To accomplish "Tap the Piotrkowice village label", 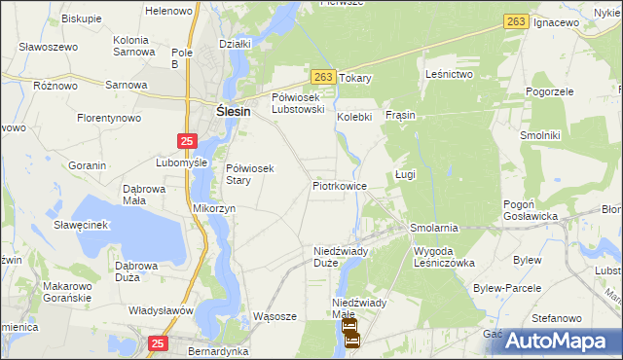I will point(340,185).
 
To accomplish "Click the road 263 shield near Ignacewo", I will point(516,21).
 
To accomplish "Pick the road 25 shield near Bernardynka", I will point(160,342).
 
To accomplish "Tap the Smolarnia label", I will point(434,228).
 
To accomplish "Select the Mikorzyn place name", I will point(214,208).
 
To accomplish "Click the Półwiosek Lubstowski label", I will point(304,103).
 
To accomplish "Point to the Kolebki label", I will point(355,117).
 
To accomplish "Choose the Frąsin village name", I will point(400,115).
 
